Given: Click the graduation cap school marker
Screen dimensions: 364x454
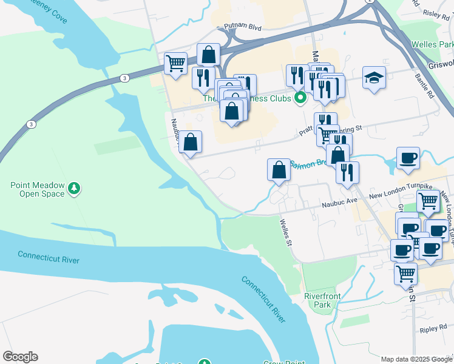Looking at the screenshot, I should click(374, 78).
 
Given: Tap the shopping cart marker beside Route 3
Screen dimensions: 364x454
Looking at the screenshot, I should click(176, 62).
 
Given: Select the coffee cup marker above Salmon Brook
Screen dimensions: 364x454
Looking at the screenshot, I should click(408, 158).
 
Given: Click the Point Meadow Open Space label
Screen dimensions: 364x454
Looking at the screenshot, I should click(37, 189).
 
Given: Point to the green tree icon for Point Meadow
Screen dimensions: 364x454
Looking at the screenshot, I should click(74, 189).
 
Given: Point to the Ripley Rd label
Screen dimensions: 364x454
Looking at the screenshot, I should click(433, 329).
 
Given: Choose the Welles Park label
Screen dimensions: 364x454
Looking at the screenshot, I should click(432, 45).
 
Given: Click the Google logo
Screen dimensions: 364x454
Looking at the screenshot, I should click(20, 357).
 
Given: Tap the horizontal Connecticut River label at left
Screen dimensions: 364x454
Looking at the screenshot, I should click(49, 257).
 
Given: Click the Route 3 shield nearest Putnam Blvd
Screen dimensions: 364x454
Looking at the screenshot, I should click(124, 78).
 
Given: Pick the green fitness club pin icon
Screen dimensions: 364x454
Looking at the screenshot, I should click(299, 98).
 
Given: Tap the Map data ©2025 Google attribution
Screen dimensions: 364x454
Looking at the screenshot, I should click(416, 359).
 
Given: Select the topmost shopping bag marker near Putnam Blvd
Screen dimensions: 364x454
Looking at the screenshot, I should click(208, 55).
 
